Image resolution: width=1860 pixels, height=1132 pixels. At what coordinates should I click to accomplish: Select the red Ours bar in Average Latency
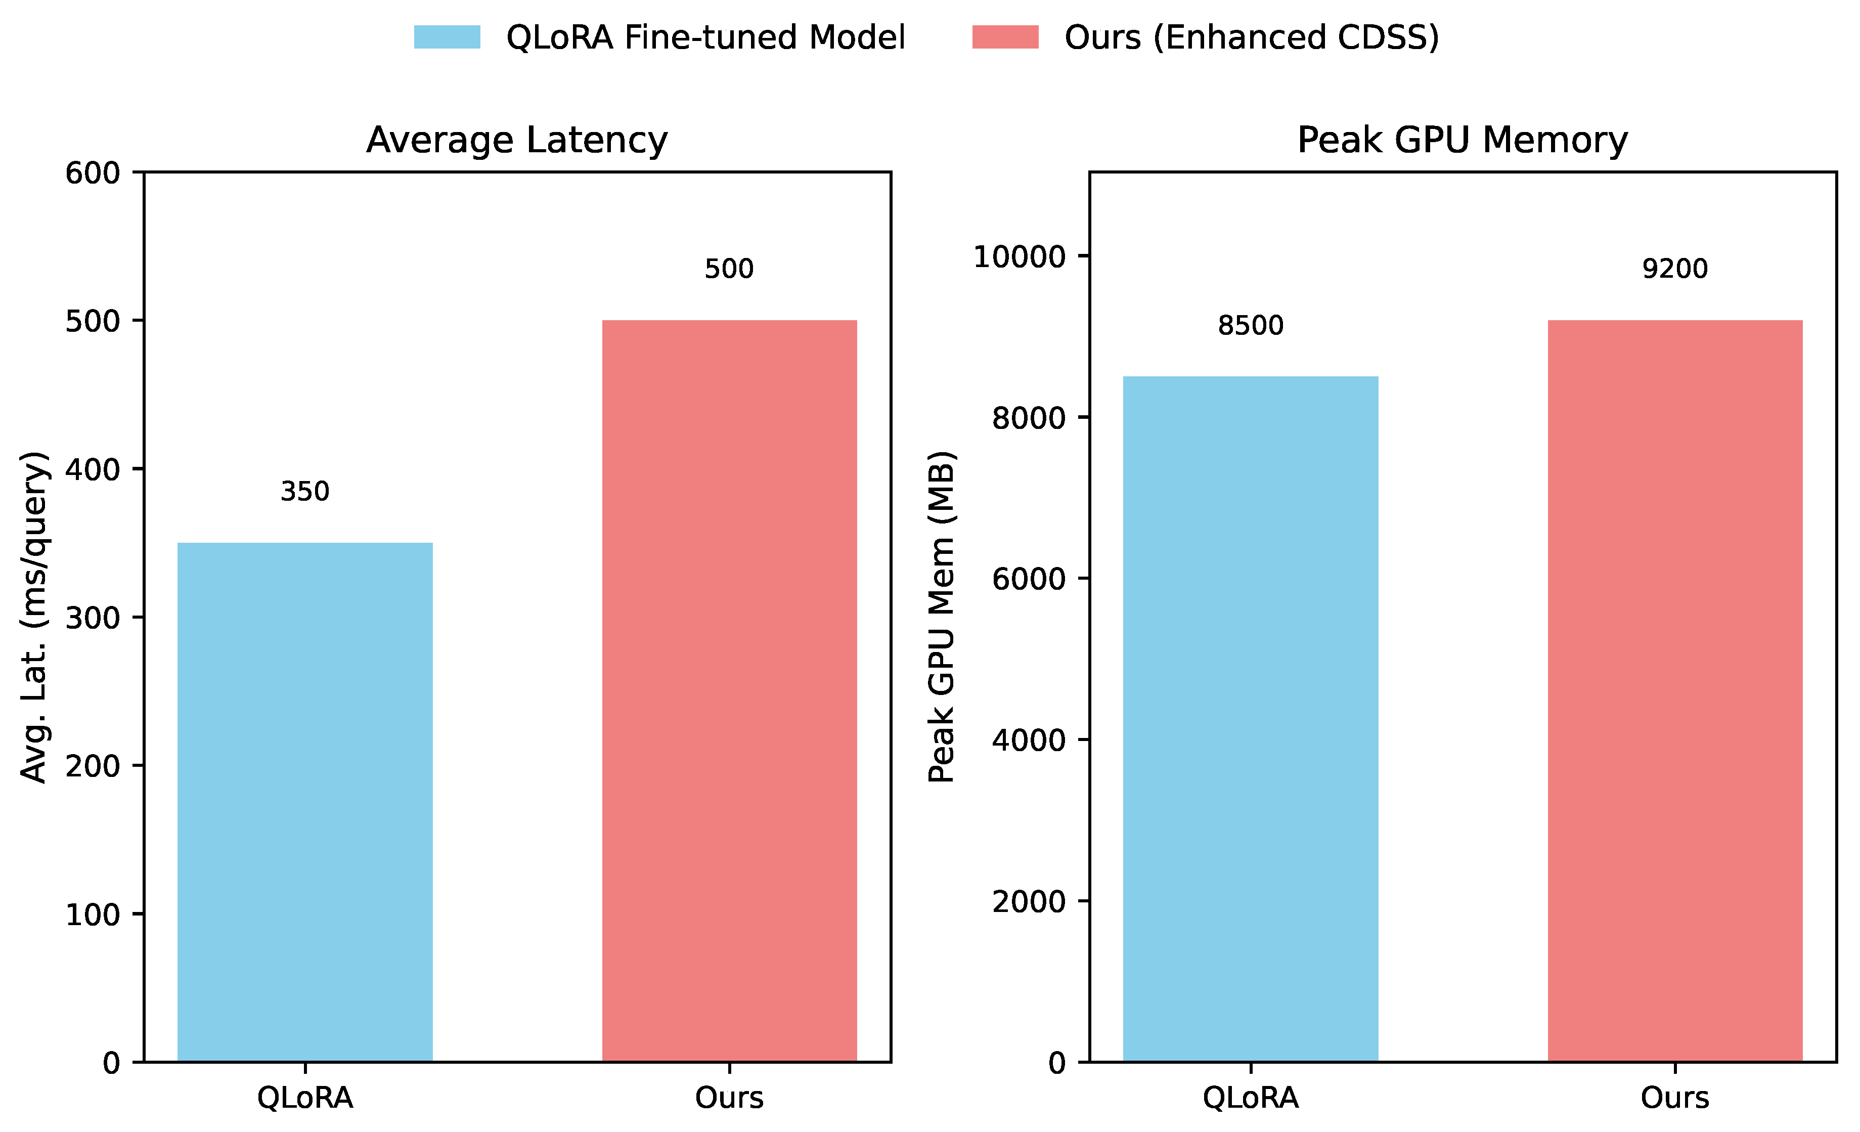pos(729,690)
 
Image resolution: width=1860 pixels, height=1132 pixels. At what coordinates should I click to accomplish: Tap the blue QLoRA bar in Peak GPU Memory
pos(1250,718)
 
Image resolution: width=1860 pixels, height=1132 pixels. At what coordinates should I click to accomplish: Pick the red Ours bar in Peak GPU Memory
pos(1674,690)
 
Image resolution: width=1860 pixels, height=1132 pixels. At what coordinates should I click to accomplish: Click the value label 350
pos(304,492)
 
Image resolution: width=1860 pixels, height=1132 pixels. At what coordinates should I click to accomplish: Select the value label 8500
pos(1250,325)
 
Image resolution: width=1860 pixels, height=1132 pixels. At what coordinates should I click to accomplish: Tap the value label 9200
pos(1674,269)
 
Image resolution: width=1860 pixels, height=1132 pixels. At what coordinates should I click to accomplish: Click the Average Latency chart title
pos(517,141)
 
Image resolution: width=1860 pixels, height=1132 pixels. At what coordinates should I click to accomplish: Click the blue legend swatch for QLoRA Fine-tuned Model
pos(447,37)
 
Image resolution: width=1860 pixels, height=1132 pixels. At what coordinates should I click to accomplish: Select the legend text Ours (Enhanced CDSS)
pos(1252,37)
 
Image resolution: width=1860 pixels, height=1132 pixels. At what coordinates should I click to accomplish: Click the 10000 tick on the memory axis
pos(1019,257)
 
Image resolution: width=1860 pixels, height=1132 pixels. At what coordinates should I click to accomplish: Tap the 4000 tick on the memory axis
pos(1028,740)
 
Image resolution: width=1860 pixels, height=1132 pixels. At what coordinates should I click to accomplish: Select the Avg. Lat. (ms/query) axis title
pos(34,617)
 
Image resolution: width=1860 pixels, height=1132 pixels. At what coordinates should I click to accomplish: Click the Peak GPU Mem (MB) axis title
pos(941,617)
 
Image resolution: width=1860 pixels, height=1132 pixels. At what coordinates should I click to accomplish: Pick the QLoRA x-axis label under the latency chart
pos(304,1097)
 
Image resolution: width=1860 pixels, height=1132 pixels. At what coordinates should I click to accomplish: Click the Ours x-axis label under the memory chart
pos(1674,1097)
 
